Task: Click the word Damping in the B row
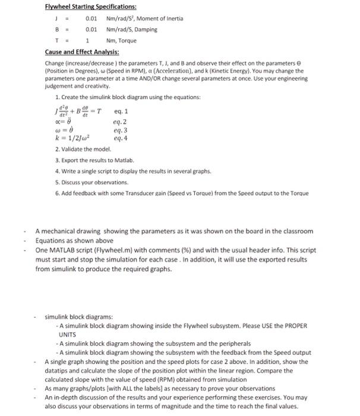[147, 29]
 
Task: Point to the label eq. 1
[120, 111]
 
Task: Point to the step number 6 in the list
[56, 193]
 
